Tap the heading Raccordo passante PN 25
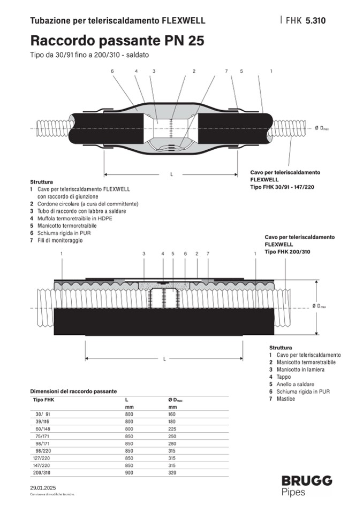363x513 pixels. click(117, 41)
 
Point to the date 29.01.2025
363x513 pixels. click(43, 488)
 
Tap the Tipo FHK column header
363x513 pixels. click(43, 400)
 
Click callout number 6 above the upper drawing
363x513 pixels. click(112, 71)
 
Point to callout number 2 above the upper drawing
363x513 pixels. click(194, 71)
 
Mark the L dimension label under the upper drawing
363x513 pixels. click(171, 175)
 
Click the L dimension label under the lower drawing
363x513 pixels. click(164, 358)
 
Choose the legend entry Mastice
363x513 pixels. click(285, 399)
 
